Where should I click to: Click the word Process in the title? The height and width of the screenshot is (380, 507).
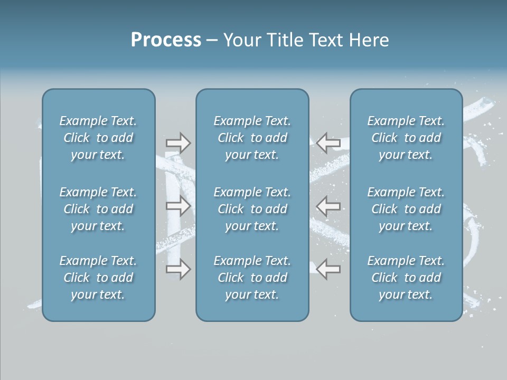click(166, 40)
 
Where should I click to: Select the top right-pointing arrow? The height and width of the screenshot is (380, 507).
click(178, 142)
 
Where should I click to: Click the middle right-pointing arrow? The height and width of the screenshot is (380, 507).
click(178, 206)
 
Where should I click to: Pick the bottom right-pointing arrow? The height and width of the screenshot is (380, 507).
click(178, 269)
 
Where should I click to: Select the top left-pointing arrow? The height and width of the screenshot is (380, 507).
click(328, 142)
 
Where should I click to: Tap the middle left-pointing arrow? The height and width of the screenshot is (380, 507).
click(328, 206)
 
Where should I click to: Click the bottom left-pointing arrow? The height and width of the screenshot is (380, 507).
click(328, 269)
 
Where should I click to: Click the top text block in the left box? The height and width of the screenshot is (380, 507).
click(98, 138)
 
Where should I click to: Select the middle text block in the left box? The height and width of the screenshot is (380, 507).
click(98, 209)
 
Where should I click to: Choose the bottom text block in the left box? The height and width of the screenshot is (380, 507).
click(98, 278)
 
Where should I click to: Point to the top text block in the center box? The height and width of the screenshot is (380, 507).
click(252, 138)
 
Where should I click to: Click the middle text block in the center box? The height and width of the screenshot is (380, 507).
click(252, 209)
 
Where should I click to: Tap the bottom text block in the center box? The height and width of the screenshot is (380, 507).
click(252, 278)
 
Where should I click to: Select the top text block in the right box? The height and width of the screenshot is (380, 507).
click(406, 138)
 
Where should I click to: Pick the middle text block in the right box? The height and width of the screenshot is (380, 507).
click(406, 209)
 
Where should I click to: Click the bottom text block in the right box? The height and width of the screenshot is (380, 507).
click(406, 278)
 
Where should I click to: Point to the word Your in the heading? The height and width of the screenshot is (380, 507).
click(241, 40)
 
